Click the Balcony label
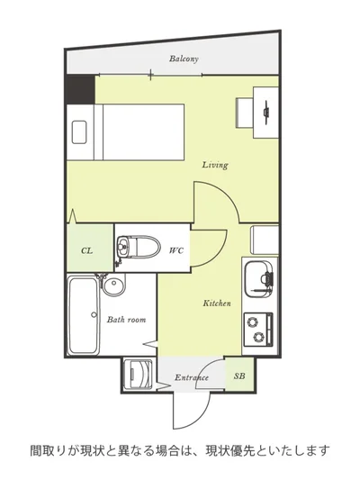[x=184, y=59]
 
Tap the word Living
[x=215, y=165]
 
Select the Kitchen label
[x=217, y=303]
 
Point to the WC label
[x=176, y=250]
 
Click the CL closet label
[x=87, y=250]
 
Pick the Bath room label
[x=126, y=320]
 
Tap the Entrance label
[x=192, y=377]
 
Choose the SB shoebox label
[x=239, y=376]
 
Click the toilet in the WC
[x=139, y=247]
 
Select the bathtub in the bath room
[x=83, y=315]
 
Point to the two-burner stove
[x=257, y=330]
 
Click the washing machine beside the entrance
[x=139, y=375]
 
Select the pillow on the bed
[x=79, y=132]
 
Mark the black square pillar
[x=81, y=89]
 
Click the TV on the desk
[x=266, y=113]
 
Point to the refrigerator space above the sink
[x=265, y=240]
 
